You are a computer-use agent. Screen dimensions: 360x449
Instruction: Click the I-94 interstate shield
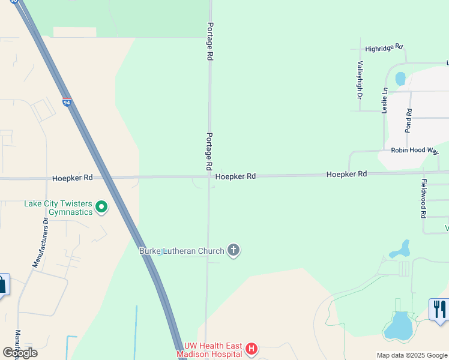click(x=67, y=103)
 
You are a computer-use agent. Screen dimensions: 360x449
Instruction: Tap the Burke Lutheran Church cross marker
click(x=234, y=251)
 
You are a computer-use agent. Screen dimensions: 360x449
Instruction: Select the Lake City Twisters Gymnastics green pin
click(x=101, y=208)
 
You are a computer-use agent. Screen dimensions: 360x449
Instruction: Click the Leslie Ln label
click(x=385, y=100)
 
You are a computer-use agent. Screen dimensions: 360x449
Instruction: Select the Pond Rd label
click(x=409, y=121)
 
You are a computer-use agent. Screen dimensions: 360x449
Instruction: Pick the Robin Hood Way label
click(x=415, y=151)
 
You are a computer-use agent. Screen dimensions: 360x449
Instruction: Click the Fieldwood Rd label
click(x=423, y=199)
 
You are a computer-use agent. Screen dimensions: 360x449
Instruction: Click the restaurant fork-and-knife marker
click(x=439, y=310)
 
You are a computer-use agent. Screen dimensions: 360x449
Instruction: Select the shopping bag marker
click(x=2, y=284)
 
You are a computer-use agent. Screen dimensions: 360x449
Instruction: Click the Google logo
click(x=20, y=352)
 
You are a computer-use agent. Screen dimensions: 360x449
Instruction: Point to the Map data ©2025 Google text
click(x=411, y=355)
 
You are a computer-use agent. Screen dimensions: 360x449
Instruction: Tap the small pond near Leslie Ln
click(x=400, y=79)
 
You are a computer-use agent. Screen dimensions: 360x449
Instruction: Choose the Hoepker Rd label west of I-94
click(x=72, y=178)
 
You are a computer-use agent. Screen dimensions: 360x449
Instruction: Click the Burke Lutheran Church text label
click(x=182, y=251)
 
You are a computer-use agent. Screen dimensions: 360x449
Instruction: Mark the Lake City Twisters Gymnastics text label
click(x=58, y=208)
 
